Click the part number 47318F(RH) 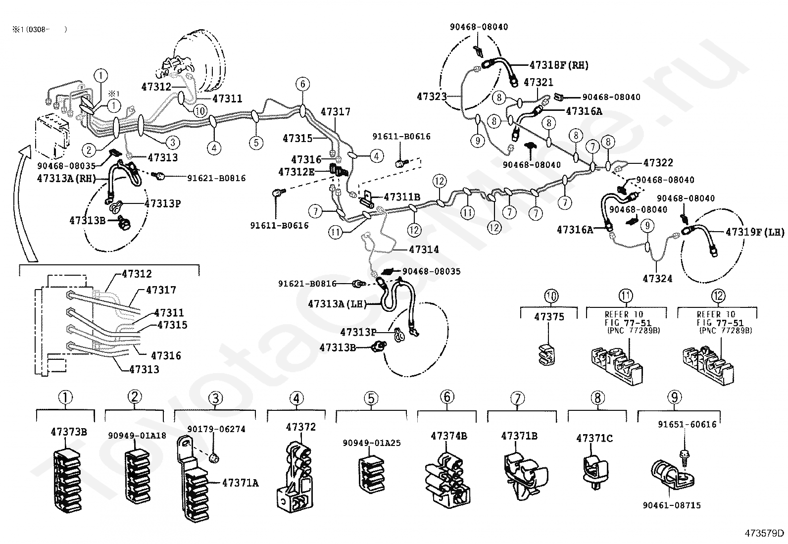[559, 65]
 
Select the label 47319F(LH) [755, 231]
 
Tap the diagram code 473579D [764, 533]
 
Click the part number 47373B [69, 432]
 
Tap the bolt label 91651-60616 [687, 424]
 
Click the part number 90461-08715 [672, 505]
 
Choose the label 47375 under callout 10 [549, 316]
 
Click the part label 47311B [401, 197]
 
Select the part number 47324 [657, 279]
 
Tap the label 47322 [658, 162]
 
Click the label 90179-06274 [216, 429]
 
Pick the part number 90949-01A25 [371, 443]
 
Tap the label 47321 [538, 83]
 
